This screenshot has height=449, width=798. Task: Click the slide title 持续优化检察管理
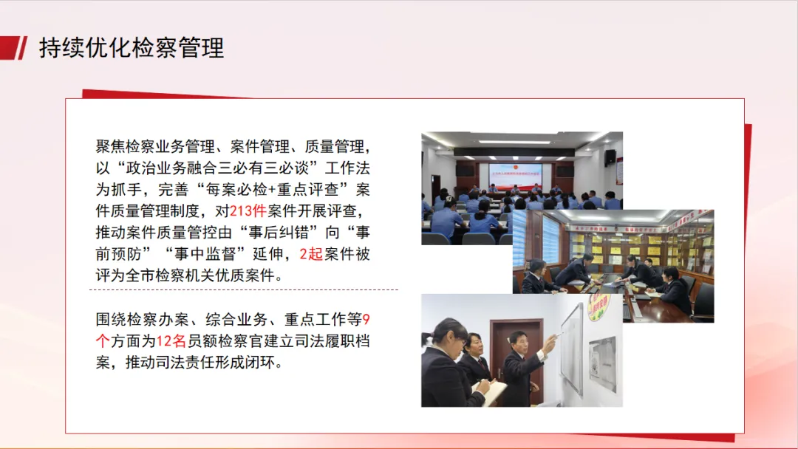pos(132,48)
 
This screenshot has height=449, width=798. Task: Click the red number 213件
pos(248,211)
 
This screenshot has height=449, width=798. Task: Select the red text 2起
pos(312,254)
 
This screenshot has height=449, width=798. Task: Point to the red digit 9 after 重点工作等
pos(366,319)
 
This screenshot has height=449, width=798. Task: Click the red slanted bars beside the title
pos(14,48)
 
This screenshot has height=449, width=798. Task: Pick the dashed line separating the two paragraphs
pos(244,289)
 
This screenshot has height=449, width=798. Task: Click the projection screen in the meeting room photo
pos(515,176)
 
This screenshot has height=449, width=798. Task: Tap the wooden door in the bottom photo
pos(516,356)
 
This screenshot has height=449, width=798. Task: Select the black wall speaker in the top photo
pos(610,157)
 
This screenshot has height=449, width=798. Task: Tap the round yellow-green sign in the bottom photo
pos(599,307)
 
